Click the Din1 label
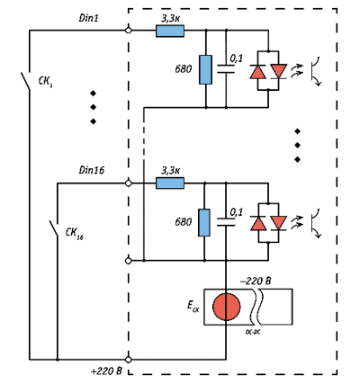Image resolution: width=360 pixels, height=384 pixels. coord(89,18)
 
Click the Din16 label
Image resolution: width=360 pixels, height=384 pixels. coord(92,170)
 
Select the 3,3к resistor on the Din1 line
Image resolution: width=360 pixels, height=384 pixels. coord(170,31)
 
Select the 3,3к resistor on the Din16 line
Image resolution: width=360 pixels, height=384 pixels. coord(170,183)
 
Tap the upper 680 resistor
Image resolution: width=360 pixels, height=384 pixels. coord(205,69)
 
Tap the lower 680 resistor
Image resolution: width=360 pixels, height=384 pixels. coord(204,223)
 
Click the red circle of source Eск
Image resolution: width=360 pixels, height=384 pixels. coord(227,307)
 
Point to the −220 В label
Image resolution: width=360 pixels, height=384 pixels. coord(256,281)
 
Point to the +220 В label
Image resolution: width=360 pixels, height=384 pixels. coord(106,371)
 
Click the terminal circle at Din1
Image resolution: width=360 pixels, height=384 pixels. coord(128,31)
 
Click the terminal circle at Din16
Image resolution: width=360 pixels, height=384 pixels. coord(128,183)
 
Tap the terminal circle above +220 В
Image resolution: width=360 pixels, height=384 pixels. coord(128,359)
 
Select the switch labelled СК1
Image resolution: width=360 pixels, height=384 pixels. coord(25,81)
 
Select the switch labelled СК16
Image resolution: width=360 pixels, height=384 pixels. coord(54,229)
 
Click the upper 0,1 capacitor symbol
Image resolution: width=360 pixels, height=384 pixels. coord(226,68)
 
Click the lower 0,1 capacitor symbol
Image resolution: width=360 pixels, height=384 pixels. coord(226,222)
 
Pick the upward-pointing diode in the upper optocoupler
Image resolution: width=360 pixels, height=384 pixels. coord(258,72)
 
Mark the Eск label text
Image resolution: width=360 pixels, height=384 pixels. coord(193,306)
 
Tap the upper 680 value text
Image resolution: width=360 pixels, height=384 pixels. coord(184,69)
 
